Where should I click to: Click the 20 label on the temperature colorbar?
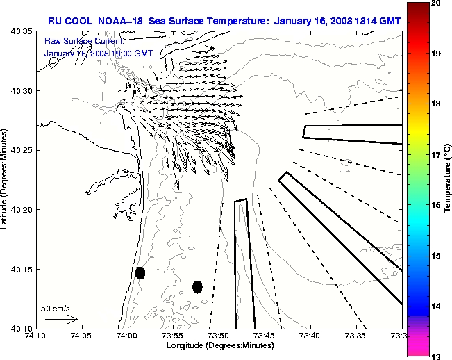pyautogui.click(x=435, y=3)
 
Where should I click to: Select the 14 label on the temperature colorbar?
pyautogui.click(x=435, y=306)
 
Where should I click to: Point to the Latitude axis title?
pyautogui.click(x=6, y=179)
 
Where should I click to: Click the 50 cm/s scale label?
pyautogui.click(x=56, y=308)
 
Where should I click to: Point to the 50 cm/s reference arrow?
pyautogui.click(x=61, y=319)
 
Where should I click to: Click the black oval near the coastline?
pyautogui.click(x=140, y=272)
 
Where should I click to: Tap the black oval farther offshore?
pyautogui.click(x=197, y=286)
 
